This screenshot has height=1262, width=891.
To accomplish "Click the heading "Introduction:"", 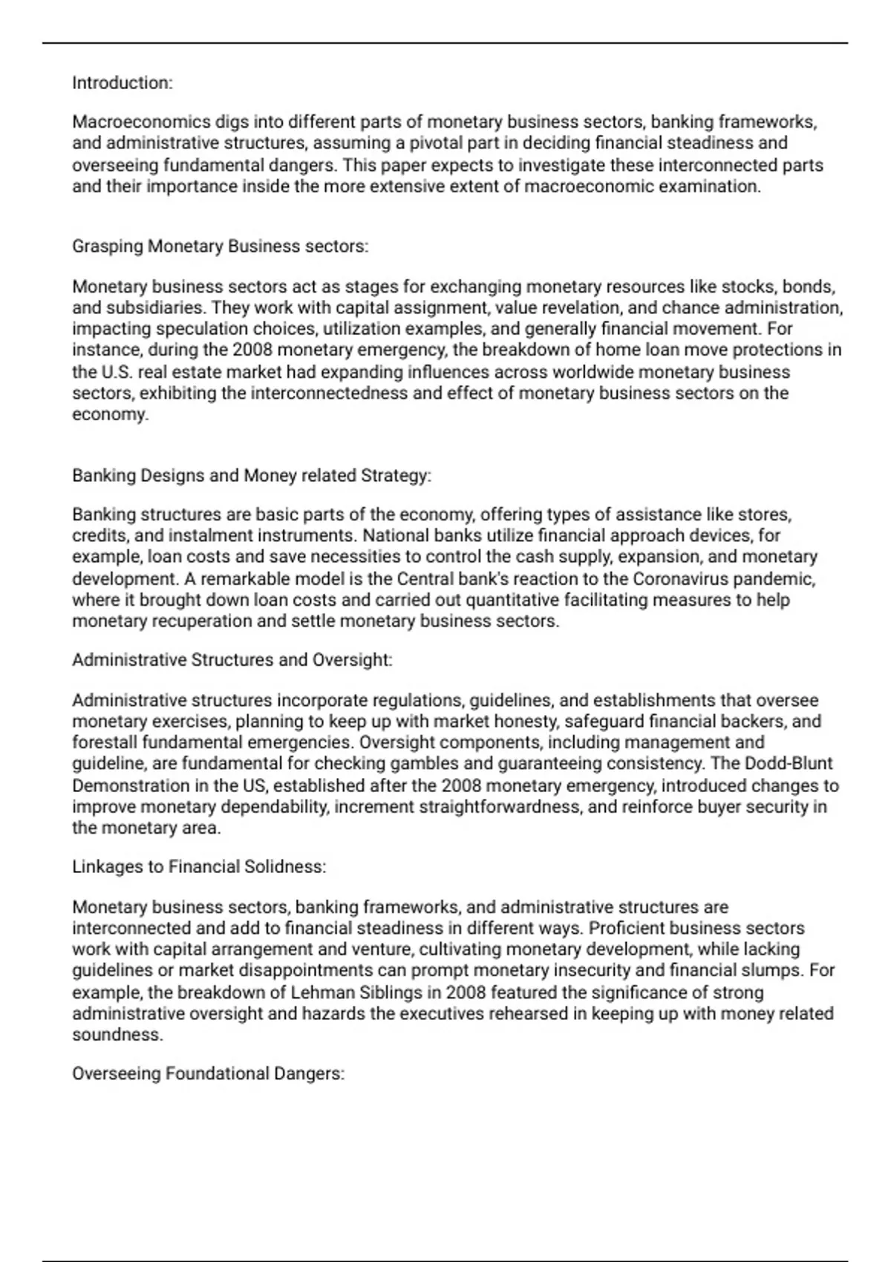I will click(x=123, y=83).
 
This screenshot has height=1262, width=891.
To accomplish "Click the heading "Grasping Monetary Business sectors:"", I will click(x=220, y=246).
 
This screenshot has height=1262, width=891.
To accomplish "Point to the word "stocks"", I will click(x=747, y=287).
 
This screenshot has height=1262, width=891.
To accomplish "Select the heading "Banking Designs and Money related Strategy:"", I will click(x=252, y=475).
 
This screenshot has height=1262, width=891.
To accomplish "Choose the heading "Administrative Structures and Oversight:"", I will click(x=232, y=660).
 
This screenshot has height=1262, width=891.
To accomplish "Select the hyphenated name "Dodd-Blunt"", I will click(x=789, y=763).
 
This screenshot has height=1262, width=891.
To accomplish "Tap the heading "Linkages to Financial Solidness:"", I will click(x=199, y=866).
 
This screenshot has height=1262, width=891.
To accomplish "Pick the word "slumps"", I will click(x=777, y=970).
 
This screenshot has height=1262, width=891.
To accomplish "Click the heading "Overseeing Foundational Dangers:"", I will click(x=209, y=1073).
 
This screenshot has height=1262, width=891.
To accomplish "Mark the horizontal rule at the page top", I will click(x=446, y=43).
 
